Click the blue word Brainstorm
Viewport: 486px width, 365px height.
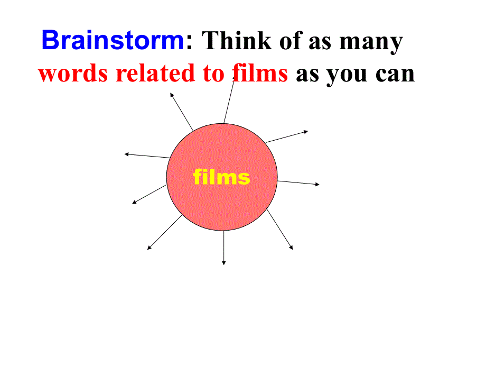[113, 40]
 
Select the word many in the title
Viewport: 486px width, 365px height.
[371, 42]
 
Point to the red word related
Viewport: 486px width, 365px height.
[155, 74]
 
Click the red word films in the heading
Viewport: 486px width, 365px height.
[260, 74]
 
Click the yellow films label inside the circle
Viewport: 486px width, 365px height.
[222, 177]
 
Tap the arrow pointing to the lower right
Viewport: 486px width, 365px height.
[279, 229]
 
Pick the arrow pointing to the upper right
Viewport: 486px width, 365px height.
[286, 136]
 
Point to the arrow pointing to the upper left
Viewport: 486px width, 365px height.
[182, 111]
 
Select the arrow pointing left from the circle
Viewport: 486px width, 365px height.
[147, 156]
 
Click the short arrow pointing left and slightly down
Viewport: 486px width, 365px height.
[149, 194]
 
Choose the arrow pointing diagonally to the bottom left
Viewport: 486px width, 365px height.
[164, 232]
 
